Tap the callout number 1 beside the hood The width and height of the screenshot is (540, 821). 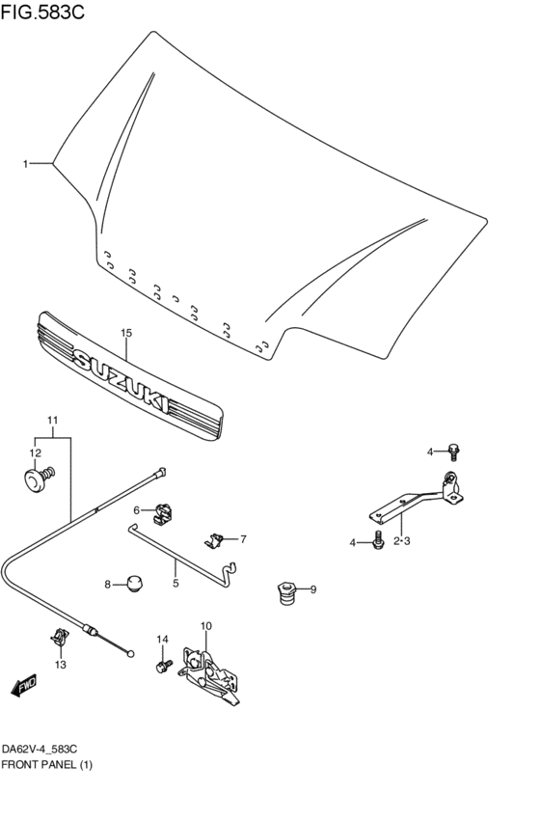[27, 164]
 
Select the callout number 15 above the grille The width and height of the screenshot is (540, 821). [125, 333]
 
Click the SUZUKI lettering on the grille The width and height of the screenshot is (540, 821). [122, 383]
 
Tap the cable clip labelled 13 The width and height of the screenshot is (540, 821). [61, 638]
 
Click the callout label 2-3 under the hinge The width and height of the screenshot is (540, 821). [402, 541]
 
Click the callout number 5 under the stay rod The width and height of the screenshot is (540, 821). [176, 583]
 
